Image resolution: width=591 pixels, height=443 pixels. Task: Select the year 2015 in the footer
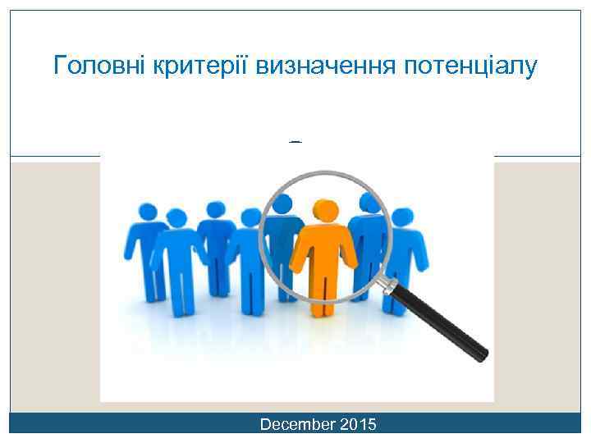[x=358, y=424]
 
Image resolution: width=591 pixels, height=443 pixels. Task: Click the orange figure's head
[x=325, y=210]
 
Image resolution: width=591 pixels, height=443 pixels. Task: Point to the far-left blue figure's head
[x=149, y=212]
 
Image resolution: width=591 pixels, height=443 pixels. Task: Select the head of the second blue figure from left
[x=176, y=218]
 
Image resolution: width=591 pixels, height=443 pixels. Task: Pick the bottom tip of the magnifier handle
[x=483, y=354]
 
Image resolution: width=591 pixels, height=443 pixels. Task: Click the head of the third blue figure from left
[x=215, y=210]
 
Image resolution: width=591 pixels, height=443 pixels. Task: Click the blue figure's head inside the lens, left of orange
[x=283, y=204]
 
